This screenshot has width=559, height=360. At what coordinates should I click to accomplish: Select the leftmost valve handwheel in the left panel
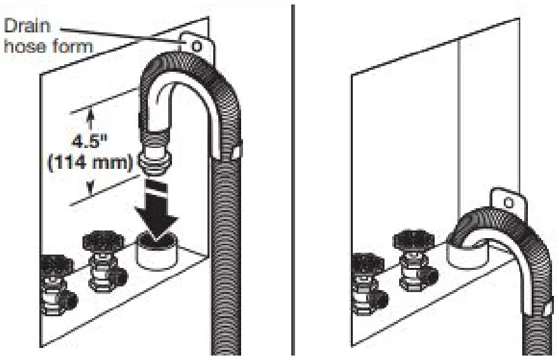tap(52, 266)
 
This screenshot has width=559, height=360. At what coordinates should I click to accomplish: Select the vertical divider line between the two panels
tap(293, 178)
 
